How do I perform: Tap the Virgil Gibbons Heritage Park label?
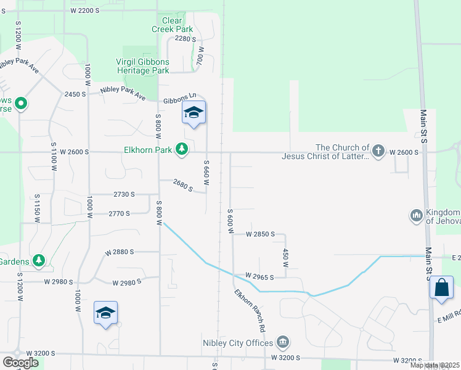tap(143, 66)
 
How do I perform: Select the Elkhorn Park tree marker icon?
tap(182, 148)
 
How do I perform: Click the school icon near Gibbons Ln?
tap(194, 113)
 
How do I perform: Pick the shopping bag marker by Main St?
tap(443, 288)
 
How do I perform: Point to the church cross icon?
tap(378, 150)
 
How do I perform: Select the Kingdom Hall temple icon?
tap(415, 215)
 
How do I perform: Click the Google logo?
tap(20, 363)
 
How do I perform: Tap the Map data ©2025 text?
tap(434, 365)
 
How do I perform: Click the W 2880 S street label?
tap(120, 252)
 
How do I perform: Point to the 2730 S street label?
tap(124, 194)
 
